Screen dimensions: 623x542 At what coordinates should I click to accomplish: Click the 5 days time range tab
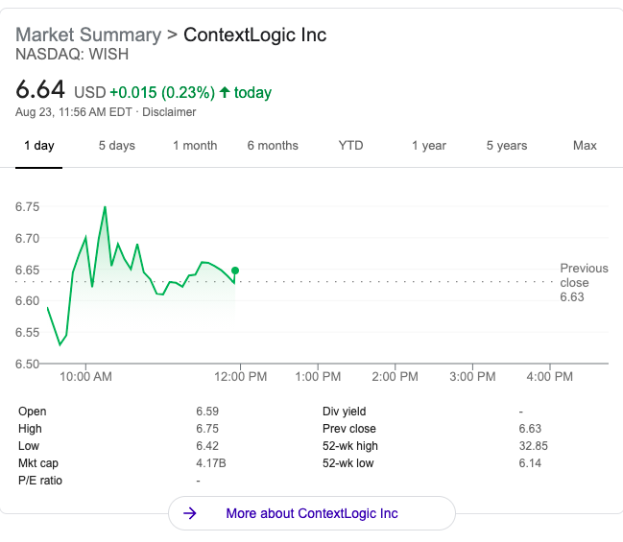click(x=117, y=146)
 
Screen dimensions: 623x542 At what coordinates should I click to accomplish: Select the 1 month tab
click(x=195, y=146)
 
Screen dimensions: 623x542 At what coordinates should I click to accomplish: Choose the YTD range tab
click(x=350, y=145)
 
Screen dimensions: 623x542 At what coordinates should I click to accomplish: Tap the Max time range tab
click(x=585, y=145)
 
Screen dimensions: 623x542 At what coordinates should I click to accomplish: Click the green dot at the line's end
click(x=235, y=271)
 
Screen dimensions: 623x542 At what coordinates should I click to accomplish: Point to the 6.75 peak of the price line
click(x=105, y=207)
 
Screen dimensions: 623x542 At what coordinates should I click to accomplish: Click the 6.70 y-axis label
click(x=28, y=238)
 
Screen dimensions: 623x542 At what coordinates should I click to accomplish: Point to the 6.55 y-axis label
click(x=28, y=332)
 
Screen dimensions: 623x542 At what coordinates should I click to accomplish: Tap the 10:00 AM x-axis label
click(x=85, y=376)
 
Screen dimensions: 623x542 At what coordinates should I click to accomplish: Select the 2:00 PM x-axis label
click(x=395, y=376)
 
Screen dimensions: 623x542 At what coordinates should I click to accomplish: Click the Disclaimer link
click(x=169, y=112)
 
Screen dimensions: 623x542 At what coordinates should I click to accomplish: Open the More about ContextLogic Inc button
click(x=312, y=513)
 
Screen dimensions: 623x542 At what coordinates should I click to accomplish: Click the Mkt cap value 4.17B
click(x=211, y=463)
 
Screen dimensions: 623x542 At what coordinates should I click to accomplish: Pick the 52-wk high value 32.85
click(x=533, y=446)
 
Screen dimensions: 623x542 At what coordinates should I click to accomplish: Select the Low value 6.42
click(x=207, y=446)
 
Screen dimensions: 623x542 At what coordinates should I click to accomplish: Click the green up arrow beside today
click(x=225, y=92)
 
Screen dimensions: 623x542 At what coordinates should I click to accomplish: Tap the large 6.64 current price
click(x=40, y=89)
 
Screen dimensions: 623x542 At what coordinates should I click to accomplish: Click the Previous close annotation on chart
click(x=584, y=282)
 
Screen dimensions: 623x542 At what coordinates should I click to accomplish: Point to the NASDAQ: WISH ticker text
click(x=72, y=54)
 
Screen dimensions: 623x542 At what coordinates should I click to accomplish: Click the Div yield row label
click(x=344, y=412)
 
